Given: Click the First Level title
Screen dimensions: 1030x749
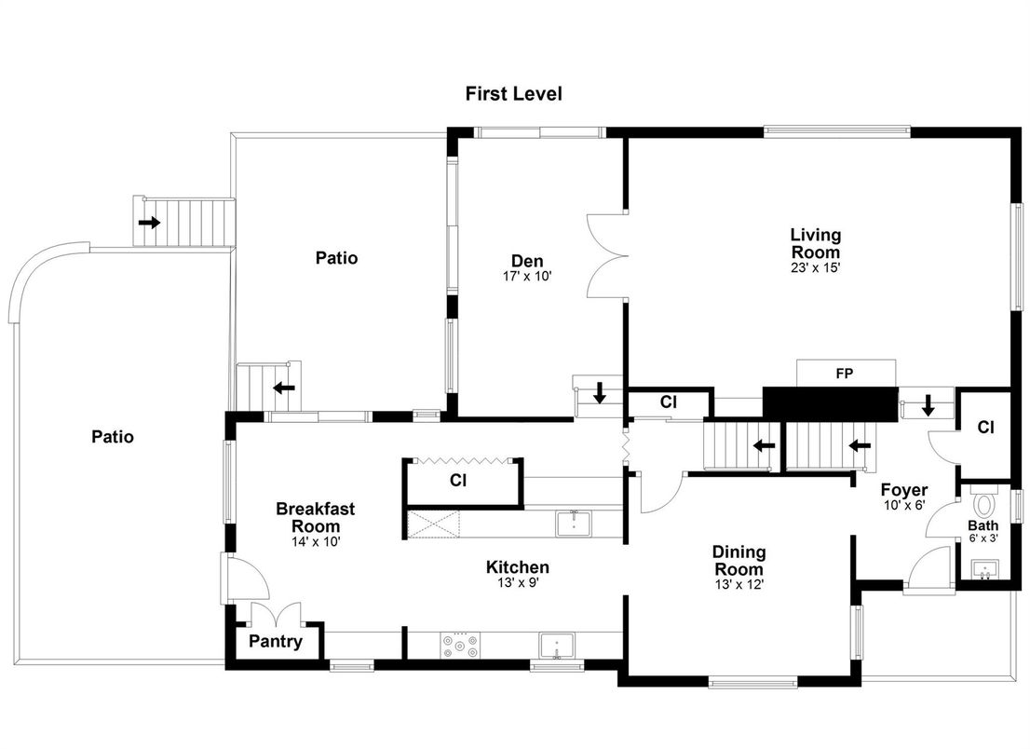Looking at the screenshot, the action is (514, 94).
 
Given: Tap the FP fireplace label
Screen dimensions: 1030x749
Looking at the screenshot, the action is (844, 374).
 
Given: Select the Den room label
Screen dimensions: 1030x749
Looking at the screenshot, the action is (527, 261).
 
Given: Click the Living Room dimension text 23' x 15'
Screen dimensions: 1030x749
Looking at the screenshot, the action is (816, 268).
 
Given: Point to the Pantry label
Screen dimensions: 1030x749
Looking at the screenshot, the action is (276, 642).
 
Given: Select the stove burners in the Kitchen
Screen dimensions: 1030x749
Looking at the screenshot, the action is (460, 645).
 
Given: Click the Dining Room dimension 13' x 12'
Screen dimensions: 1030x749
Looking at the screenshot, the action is (739, 584).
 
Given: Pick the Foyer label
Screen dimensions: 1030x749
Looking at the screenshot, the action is (904, 490).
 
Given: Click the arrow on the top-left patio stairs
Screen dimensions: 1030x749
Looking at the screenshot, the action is (149, 223).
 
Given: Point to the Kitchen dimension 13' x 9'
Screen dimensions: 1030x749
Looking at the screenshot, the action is (517, 582).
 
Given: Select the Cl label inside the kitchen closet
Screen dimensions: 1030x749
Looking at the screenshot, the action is (458, 481).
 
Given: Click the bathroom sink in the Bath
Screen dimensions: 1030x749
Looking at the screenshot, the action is (984, 569).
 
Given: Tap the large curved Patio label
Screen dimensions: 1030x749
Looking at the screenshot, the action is (113, 437).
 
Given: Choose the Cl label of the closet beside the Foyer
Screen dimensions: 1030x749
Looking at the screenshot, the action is (986, 427).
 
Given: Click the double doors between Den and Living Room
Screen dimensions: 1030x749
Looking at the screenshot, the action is (604, 255).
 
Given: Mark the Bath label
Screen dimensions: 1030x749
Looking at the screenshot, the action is (983, 525).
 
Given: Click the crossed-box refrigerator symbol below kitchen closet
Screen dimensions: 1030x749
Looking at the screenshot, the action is (434, 524).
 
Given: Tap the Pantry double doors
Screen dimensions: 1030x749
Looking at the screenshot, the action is (277, 614).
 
